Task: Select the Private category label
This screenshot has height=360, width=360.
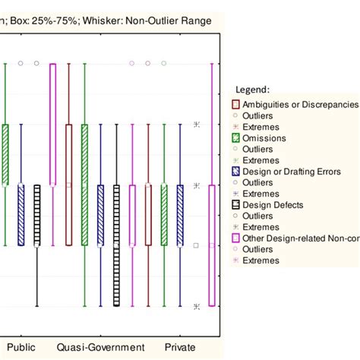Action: pos(180,347)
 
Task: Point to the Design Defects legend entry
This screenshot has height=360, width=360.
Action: pos(273,205)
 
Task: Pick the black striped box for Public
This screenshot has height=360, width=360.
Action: pos(37,215)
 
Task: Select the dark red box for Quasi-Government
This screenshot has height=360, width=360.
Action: pos(68,185)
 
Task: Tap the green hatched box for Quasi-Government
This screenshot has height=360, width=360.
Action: pos(84,185)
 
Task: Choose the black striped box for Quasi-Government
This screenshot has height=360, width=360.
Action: pos(116,245)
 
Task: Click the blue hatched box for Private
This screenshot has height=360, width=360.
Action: pos(180,215)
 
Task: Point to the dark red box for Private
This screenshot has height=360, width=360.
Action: pos(148,215)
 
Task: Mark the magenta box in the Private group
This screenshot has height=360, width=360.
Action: pos(212,245)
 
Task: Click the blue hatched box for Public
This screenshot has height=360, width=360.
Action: pos(21,215)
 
